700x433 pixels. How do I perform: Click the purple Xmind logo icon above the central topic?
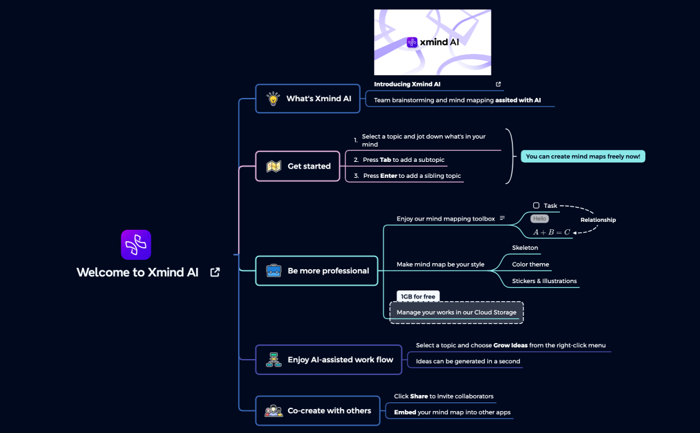click(x=136, y=244)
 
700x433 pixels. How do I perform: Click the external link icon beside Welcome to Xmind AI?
click(x=215, y=272)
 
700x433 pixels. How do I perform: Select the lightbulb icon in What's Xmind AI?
click(x=273, y=99)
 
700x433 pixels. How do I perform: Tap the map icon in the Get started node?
click(x=273, y=167)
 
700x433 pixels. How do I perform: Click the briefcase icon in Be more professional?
click(x=273, y=271)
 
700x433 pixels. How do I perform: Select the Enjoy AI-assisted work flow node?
click(x=330, y=360)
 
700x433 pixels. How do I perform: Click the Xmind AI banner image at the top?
click(x=432, y=42)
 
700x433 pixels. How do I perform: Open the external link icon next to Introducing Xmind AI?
click(x=498, y=85)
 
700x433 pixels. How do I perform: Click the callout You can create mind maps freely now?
click(x=583, y=157)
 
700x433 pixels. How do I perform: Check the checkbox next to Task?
click(x=536, y=206)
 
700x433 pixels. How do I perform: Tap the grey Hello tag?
click(x=539, y=218)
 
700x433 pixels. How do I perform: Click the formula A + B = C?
click(x=551, y=232)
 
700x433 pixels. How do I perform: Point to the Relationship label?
click(x=598, y=220)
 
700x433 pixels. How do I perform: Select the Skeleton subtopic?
click(x=525, y=248)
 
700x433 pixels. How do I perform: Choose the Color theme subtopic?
click(x=530, y=264)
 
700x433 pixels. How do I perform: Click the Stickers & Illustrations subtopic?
click(x=544, y=281)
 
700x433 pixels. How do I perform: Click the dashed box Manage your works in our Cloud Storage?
click(x=456, y=312)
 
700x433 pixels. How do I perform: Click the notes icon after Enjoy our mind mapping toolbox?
click(x=502, y=218)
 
